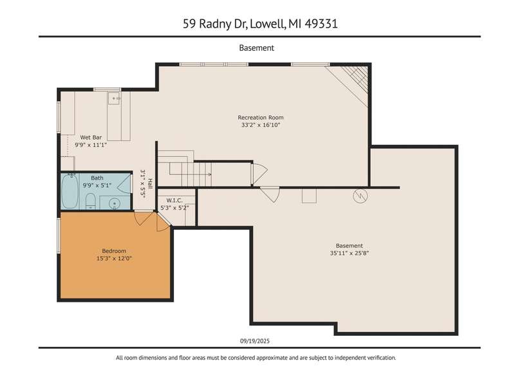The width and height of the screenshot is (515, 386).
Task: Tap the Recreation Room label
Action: (261, 118)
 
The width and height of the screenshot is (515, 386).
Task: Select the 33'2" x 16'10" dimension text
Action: (261, 125)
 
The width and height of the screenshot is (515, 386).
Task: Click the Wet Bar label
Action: (91, 138)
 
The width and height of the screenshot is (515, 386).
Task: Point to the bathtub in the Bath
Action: (70, 191)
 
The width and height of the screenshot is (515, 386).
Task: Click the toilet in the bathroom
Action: (90, 201)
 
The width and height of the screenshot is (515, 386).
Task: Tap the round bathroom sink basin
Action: (115, 203)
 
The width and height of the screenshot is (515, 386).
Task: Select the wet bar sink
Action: (115, 98)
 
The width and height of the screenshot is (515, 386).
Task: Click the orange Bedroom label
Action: (114, 251)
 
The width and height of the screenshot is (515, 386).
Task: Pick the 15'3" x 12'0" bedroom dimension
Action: (114, 259)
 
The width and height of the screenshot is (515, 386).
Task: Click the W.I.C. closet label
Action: (174, 200)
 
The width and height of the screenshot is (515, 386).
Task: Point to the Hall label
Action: (150, 183)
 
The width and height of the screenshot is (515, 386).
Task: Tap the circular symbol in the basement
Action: (360, 196)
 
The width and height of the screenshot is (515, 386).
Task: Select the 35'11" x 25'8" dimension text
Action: (350, 253)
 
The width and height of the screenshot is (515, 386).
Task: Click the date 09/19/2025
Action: (255, 341)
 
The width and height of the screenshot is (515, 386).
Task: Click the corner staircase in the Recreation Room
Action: (353, 83)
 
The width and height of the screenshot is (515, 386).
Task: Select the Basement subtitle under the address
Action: (256, 48)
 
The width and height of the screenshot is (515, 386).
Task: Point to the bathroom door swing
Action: (124, 185)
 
